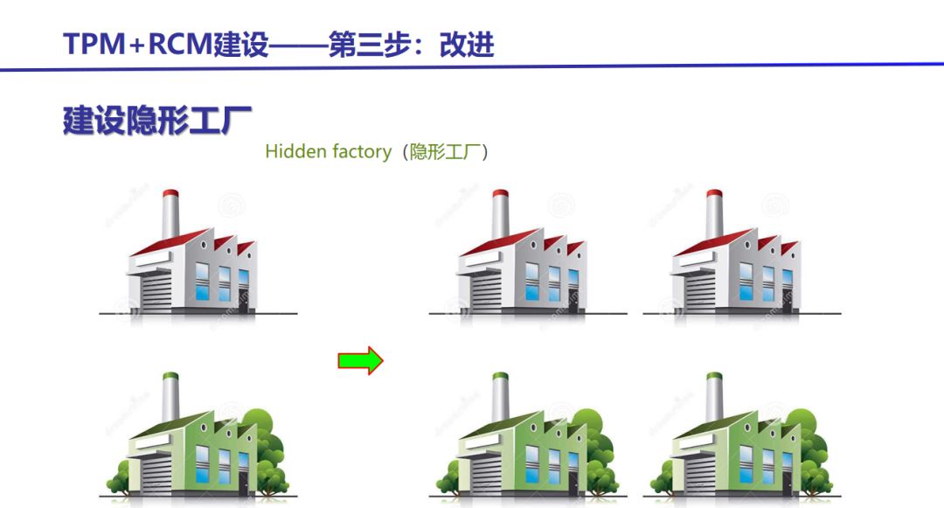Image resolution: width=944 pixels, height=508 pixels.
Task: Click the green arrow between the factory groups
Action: click(360, 359)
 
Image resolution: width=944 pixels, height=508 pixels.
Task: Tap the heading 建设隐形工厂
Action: click(157, 121)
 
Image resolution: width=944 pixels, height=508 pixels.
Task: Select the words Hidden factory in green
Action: click(328, 151)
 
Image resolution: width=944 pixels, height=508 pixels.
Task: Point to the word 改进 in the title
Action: click(467, 44)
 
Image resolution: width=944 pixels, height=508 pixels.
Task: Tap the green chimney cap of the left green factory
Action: click(170, 379)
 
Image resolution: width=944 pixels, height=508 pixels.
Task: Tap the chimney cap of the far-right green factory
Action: click(714, 379)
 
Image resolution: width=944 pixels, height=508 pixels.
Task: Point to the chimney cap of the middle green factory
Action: click(501, 379)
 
